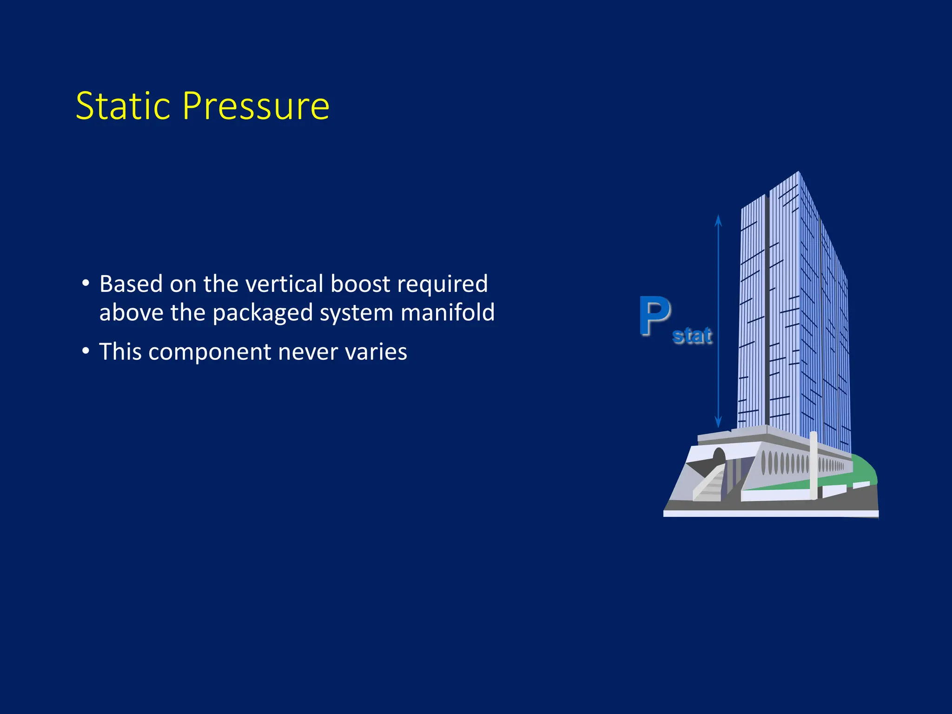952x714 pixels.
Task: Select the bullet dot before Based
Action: pyautogui.click(x=86, y=284)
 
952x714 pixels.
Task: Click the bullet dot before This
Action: pyautogui.click(x=86, y=351)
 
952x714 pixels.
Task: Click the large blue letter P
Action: pyautogui.click(x=654, y=316)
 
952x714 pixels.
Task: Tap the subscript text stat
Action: pyautogui.click(x=692, y=336)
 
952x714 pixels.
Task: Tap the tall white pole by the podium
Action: pyautogui.click(x=813, y=465)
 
